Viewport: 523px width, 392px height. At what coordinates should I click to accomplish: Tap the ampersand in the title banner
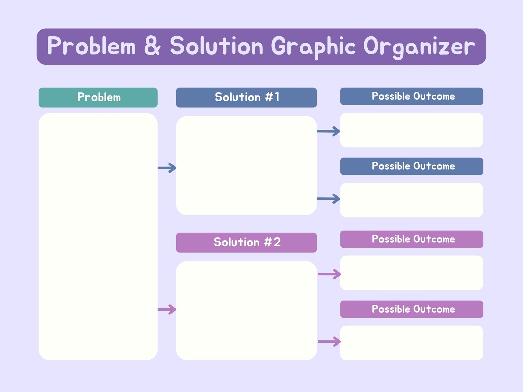click(x=152, y=45)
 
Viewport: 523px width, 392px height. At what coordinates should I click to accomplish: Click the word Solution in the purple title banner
click(x=216, y=45)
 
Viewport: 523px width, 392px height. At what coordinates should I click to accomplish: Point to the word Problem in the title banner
click(x=92, y=45)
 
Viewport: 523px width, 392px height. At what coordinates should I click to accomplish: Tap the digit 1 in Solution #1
click(x=277, y=97)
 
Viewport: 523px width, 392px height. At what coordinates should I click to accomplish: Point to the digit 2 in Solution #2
click(x=277, y=242)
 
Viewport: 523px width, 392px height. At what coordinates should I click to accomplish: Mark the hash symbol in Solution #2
click(x=268, y=242)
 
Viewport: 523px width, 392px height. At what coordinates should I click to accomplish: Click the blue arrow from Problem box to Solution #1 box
click(x=167, y=168)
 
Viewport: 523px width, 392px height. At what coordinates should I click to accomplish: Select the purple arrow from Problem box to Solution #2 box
click(x=167, y=309)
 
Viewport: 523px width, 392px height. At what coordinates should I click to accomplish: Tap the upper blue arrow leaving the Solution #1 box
click(x=329, y=131)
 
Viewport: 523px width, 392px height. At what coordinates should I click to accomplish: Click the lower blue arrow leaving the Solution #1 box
click(x=329, y=199)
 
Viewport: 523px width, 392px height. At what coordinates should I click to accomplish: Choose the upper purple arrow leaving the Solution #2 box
click(x=329, y=274)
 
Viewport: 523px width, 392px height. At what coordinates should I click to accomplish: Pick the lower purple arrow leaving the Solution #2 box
click(x=329, y=342)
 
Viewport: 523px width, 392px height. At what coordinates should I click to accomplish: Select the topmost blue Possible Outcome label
click(x=412, y=96)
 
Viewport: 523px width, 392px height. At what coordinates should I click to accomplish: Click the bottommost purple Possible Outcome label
click(x=412, y=309)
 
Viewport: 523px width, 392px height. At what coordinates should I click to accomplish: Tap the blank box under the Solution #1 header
click(x=246, y=166)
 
